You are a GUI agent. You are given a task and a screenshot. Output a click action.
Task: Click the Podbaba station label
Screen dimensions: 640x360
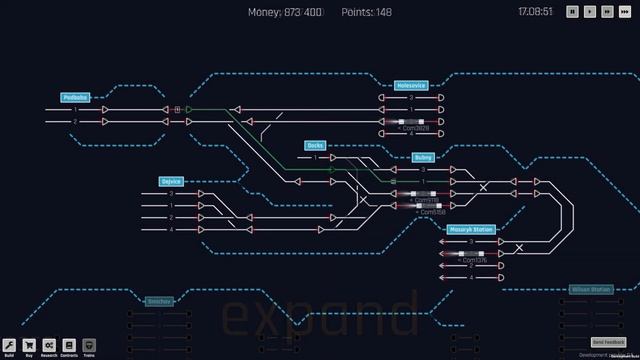(x=75, y=98)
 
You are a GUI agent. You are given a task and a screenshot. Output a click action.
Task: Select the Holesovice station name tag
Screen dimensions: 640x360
(x=411, y=86)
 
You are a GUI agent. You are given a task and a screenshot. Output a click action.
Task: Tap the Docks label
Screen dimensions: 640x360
(x=316, y=145)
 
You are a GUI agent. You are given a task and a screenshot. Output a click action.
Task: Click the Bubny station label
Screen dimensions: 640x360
(x=424, y=158)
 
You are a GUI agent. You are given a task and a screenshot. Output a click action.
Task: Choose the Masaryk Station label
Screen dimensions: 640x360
(x=471, y=230)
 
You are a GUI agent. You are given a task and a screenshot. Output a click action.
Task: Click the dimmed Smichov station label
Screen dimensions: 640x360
(x=160, y=300)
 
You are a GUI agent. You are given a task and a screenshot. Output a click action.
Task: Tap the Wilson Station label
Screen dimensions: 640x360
(x=591, y=289)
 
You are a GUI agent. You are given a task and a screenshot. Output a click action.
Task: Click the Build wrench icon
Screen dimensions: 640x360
(x=9, y=345)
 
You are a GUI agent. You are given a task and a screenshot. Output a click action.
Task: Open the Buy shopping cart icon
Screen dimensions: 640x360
(x=29, y=345)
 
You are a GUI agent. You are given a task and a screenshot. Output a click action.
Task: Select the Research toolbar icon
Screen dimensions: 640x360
(x=49, y=345)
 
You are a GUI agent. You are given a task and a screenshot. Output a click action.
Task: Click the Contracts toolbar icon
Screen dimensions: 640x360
(x=69, y=345)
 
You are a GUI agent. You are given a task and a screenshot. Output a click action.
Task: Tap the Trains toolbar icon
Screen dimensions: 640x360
(x=89, y=345)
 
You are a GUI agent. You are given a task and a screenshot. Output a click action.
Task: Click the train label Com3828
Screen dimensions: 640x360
(x=414, y=128)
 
